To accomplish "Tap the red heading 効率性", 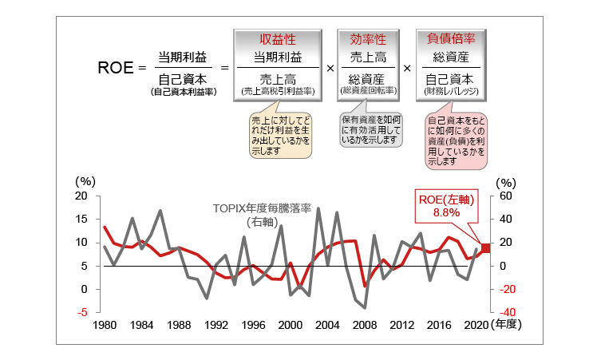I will coord(368,38).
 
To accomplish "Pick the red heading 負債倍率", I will coord(452,38).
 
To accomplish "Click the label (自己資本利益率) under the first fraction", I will coord(184,92).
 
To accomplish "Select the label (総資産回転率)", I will coord(368,93).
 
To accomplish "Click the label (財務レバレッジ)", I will coord(452,93).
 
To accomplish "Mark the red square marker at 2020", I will coord(485,247).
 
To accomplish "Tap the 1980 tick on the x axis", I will coord(105,326).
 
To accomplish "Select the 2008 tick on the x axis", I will coord(364,326).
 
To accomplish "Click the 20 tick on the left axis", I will coord(81,196).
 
